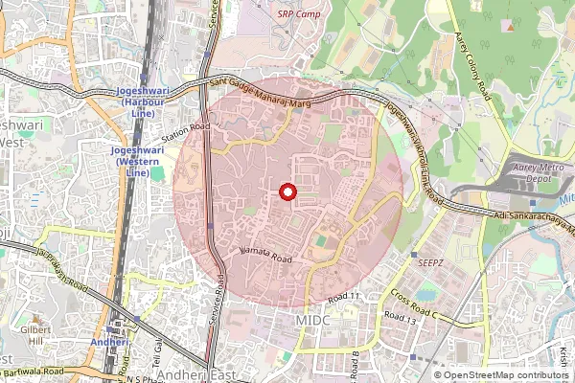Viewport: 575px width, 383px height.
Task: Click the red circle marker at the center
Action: [x=287, y=192]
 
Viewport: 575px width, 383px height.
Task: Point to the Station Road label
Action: [x=185, y=132]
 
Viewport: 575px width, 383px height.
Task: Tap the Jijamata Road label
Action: [x=266, y=256]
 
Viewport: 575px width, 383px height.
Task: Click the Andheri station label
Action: [x=108, y=341]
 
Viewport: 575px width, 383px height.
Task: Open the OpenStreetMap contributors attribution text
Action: [x=500, y=375]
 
